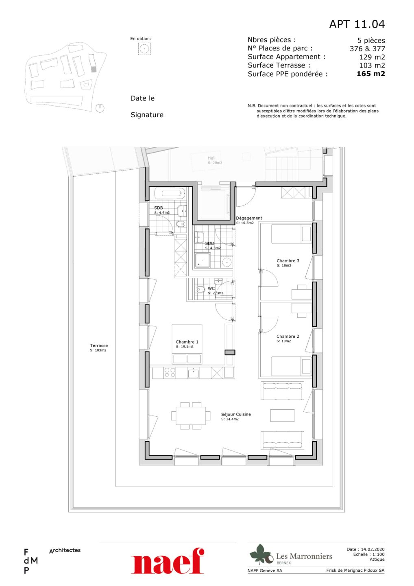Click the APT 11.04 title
(357, 24)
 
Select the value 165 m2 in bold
(371, 74)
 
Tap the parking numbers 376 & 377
(367, 49)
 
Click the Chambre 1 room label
(187, 342)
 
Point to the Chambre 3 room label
(288, 260)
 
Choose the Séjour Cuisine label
(236, 414)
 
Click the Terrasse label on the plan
(99, 345)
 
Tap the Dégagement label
(249, 218)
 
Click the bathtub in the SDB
(170, 194)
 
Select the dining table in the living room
(191, 416)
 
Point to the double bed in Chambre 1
(187, 344)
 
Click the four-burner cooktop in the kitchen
(169, 372)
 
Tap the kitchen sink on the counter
(193, 372)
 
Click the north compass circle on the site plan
(100, 108)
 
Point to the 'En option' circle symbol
(144, 48)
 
